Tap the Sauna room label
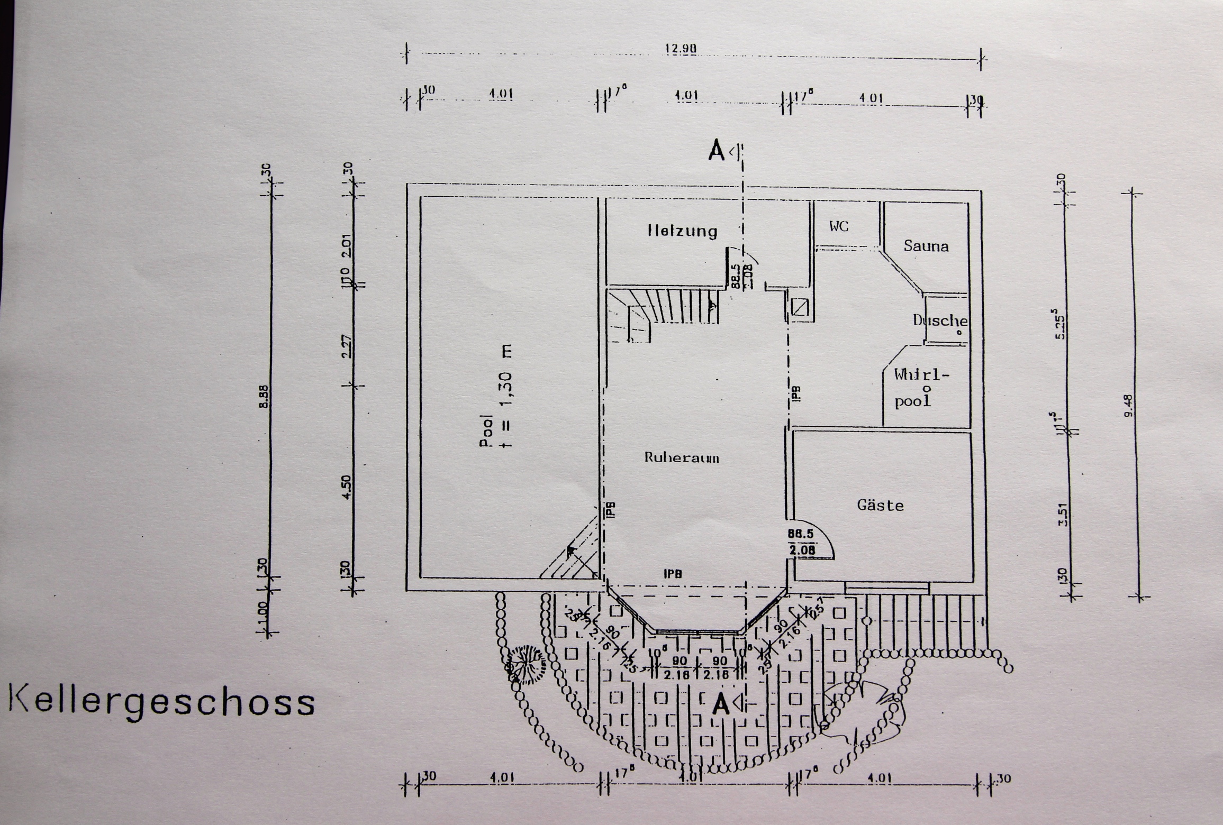pyautogui.click(x=926, y=246)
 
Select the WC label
pyautogui.click(x=839, y=226)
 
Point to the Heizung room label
pyautogui.click(x=683, y=231)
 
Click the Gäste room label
pyautogui.click(x=880, y=506)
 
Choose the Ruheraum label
pyautogui.click(x=681, y=457)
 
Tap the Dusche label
pyautogui.click(x=940, y=320)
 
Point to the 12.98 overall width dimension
pyautogui.click(x=681, y=49)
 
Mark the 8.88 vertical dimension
pyautogui.click(x=265, y=397)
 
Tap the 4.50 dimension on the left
pyautogui.click(x=347, y=487)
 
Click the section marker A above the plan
pyautogui.click(x=717, y=151)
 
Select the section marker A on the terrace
pyautogui.click(x=720, y=704)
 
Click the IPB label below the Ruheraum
pyautogui.click(x=673, y=574)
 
